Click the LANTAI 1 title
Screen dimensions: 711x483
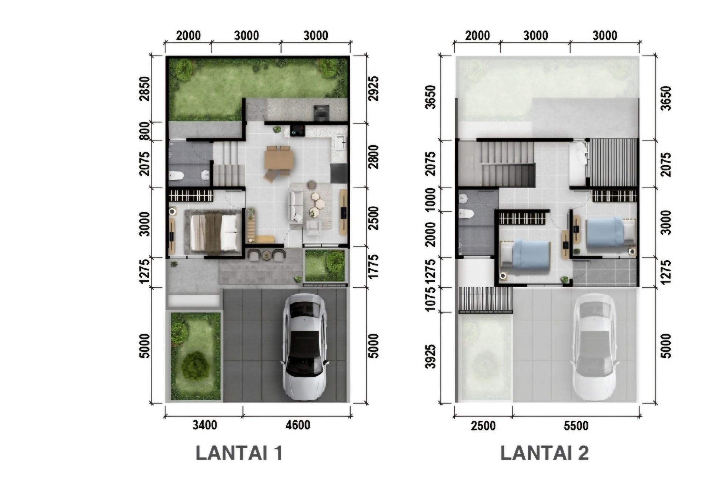(x=239, y=453)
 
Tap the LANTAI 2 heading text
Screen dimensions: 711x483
(x=545, y=453)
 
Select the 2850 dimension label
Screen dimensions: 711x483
(x=145, y=89)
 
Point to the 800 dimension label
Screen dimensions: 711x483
(x=145, y=130)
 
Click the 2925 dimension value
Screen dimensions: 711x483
(x=374, y=89)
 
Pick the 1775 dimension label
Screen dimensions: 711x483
(x=374, y=267)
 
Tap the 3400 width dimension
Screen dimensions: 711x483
(x=205, y=425)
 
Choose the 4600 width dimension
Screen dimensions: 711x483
(x=298, y=425)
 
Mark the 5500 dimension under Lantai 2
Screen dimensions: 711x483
(x=576, y=426)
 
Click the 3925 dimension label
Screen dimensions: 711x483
(x=431, y=357)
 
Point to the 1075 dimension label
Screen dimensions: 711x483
(x=431, y=299)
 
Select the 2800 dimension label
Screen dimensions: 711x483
(x=374, y=157)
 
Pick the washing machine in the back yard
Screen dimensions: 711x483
(x=320, y=113)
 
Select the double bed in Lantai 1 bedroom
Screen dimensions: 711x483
(x=214, y=232)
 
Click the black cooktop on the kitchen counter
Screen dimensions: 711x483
(x=297, y=130)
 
